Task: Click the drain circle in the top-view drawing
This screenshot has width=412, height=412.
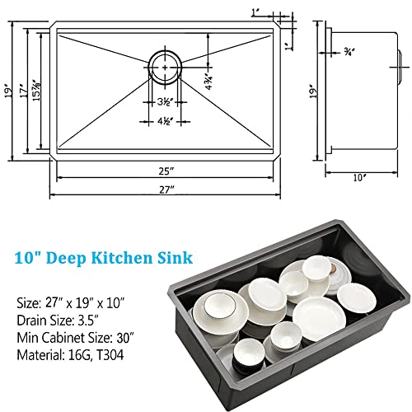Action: (x=166, y=63)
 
